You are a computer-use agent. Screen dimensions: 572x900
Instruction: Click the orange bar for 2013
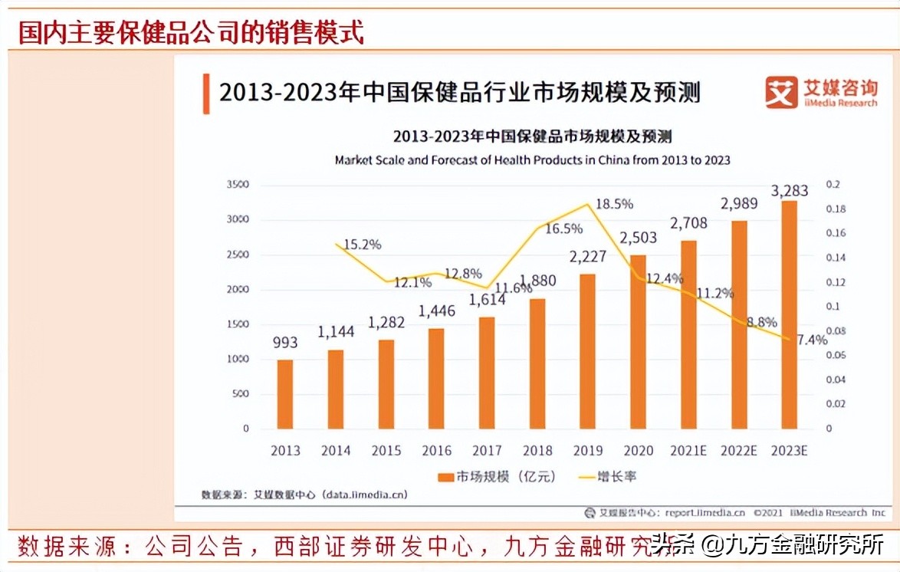[285, 394]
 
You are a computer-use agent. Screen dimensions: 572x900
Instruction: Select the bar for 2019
[586, 351]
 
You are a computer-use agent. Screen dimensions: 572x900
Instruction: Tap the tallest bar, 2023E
[789, 314]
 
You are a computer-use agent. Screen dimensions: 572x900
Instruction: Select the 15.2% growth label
[361, 245]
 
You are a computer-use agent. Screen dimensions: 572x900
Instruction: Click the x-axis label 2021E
[688, 451]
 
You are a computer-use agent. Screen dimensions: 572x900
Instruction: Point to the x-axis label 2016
[436, 451]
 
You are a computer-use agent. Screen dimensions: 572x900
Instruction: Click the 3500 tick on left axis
[238, 185]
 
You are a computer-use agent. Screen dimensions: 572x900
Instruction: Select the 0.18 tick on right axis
[833, 209]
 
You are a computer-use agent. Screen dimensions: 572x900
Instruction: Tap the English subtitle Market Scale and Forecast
[532, 160]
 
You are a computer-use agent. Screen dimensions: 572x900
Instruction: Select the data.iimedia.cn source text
[365, 495]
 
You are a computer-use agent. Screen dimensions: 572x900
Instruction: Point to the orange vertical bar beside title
[205, 94]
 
